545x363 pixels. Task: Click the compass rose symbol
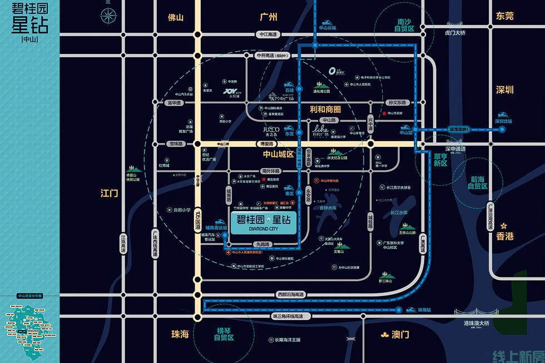(108, 17)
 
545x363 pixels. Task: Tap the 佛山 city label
(176, 17)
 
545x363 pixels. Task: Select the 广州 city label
(268, 17)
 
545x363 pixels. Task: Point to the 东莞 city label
(505, 16)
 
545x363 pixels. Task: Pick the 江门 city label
(110, 193)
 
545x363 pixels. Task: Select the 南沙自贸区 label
(405, 25)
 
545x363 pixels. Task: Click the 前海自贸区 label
(477, 182)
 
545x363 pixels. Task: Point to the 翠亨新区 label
(440, 160)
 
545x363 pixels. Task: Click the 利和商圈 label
(325, 110)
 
